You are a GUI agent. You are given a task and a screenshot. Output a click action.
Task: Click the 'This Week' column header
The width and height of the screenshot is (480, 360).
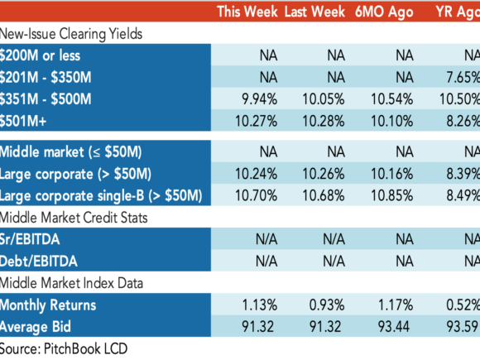coord(247,12)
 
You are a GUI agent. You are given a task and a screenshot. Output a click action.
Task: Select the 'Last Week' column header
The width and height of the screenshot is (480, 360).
coord(314,12)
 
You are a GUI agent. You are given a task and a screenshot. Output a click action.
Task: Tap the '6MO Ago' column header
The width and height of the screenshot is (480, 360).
coord(384,12)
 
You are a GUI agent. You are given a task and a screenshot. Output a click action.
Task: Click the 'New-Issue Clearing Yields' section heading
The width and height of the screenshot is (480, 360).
coord(71,34)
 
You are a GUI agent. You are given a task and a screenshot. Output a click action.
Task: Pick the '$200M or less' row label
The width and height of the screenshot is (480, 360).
coord(40,55)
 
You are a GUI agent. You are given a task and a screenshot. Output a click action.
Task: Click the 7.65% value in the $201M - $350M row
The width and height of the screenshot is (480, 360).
coord(463,77)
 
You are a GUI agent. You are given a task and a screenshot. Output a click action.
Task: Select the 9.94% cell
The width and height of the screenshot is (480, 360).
coord(260,99)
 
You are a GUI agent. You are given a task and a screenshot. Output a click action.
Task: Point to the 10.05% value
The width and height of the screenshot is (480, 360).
coord(324,99)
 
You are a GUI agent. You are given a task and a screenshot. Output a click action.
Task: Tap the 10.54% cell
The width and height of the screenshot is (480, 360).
coord(392,99)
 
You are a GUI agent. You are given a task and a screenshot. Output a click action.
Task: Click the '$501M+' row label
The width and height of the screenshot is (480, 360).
coord(23,121)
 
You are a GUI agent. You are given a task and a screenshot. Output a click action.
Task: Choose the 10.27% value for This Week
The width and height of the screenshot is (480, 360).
coord(257,121)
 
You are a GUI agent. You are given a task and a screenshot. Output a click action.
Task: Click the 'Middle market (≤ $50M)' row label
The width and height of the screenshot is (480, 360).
coord(70,152)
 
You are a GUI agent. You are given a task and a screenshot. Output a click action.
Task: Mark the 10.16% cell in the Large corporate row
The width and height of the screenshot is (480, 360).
coord(392,174)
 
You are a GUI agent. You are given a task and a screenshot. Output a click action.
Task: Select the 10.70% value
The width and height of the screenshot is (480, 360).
coord(257,195)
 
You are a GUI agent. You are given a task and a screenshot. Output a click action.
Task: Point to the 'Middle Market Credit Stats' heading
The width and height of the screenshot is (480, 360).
coord(74,218)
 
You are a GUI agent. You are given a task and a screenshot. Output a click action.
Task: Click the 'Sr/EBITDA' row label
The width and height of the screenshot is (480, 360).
coord(30,239)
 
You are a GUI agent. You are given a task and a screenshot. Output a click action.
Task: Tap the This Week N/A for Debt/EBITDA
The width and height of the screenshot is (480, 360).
coord(266,262)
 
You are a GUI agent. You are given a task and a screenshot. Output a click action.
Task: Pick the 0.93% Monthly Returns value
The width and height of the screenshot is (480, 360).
coord(327,305)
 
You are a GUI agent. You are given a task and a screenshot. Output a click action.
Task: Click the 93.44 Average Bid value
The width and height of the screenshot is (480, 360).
coord(394,327)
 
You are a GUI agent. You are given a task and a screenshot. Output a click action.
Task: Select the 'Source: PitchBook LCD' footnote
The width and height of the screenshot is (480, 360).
coord(64,349)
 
